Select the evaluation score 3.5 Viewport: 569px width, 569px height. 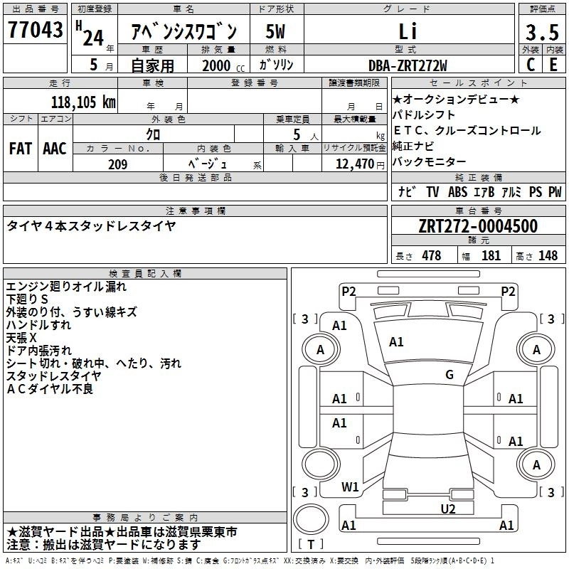[x=541, y=32]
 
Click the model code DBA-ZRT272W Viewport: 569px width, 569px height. [x=408, y=65]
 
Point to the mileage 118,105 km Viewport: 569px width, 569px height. [x=83, y=102]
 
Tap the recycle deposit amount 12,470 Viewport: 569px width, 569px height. [x=353, y=164]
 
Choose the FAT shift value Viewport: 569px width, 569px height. [x=20, y=149]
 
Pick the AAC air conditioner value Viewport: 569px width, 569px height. [x=54, y=149]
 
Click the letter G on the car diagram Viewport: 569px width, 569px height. [x=449, y=375]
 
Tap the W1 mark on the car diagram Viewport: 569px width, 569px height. [x=349, y=487]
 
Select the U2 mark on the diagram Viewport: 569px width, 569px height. [x=447, y=508]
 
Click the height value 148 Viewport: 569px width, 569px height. [x=548, y=256]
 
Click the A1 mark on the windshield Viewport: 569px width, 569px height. [x=396, y=342]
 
